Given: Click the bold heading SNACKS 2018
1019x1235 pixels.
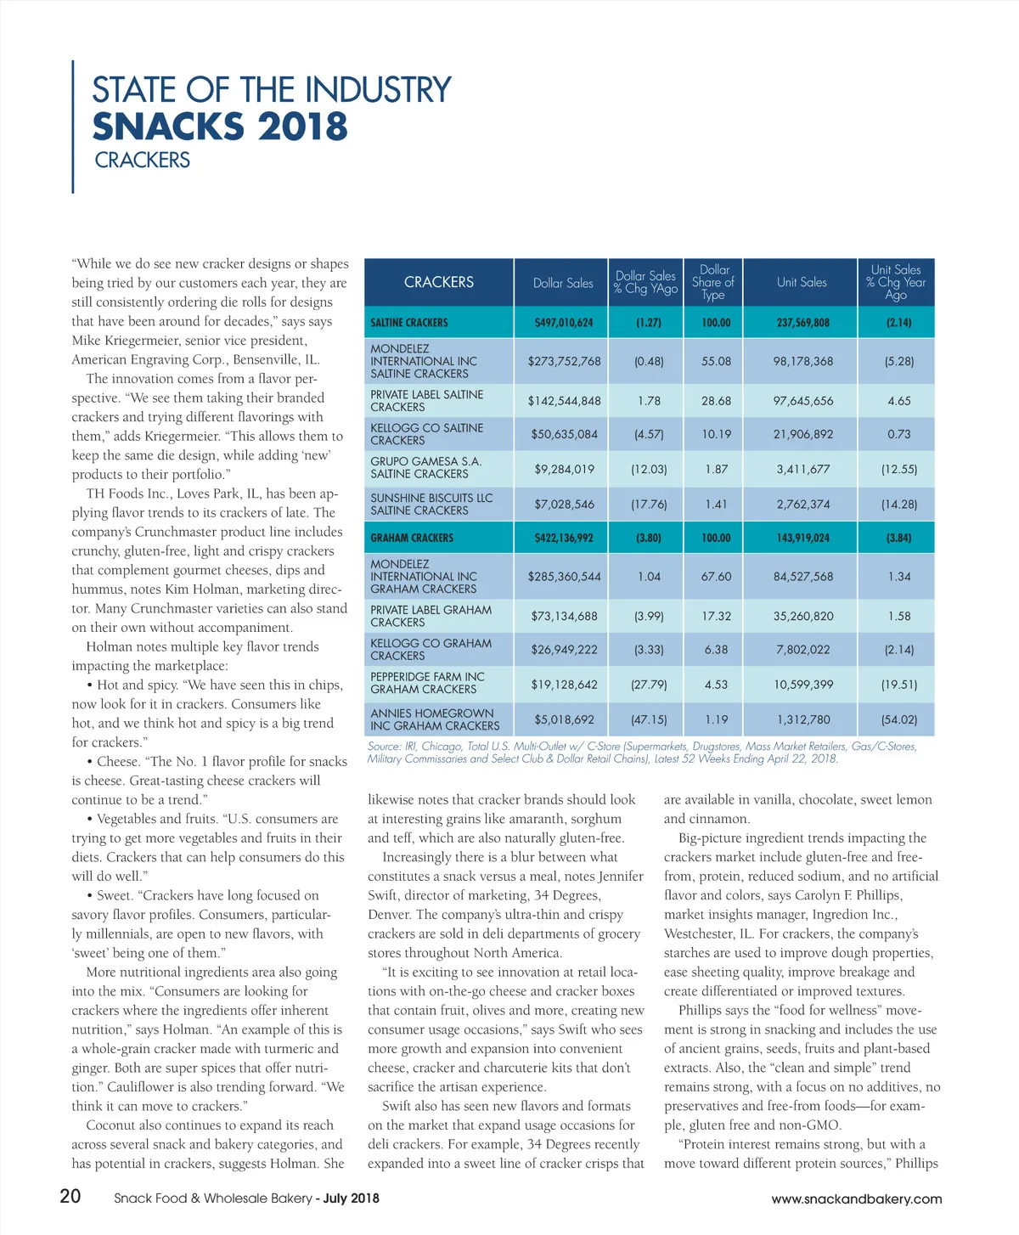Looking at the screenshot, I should [220, 127].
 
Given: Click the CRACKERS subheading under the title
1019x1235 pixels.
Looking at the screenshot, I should [143, 161].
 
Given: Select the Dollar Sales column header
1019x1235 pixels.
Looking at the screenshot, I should [563, 283].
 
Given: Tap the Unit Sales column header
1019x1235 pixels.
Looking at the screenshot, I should [801, 282].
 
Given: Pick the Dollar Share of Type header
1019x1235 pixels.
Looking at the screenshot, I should [713, 282].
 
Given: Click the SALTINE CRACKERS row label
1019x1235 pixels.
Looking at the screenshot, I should [409, 323].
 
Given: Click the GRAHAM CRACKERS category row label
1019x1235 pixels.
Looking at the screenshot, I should [412, 538].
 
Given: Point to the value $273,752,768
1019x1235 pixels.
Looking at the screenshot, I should [564, 361].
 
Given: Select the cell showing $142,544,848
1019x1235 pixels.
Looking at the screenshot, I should [564, 401].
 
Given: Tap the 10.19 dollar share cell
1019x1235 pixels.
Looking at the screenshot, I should [716, 434].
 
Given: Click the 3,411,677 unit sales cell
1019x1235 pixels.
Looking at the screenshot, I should [803, 469].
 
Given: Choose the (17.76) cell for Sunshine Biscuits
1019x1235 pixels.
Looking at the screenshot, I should [649, 505].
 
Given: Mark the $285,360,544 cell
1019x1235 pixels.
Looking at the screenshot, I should [564, 577].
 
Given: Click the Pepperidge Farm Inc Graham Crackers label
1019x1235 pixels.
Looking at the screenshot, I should [427, 683].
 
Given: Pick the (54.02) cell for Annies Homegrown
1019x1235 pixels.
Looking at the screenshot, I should [898, 719].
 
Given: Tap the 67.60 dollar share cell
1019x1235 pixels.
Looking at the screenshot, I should [716, 577].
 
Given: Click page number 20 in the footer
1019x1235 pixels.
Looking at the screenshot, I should [70, 1196].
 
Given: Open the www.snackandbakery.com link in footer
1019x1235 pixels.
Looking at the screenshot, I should [856, 1199].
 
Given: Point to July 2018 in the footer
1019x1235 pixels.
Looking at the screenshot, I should [351, 1198].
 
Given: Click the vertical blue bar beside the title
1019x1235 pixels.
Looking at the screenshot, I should [73, 127].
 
